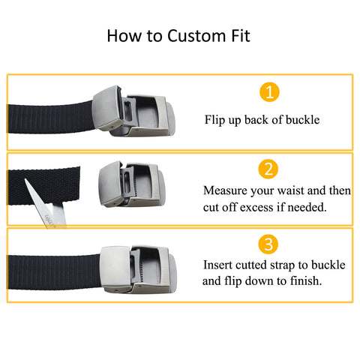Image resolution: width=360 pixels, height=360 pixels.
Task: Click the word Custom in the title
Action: point(196,36)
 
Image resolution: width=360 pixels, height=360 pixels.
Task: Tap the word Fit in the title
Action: point(241,35)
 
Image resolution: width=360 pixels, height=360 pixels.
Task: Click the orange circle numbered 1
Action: point(269,91)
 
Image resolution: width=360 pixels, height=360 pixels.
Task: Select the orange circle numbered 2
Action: point(268,169)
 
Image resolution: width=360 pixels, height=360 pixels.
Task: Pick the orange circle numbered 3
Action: point(268,244)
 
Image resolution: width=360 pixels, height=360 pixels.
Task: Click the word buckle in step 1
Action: point(302,120)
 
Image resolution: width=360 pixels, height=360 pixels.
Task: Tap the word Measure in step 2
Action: point(225,190)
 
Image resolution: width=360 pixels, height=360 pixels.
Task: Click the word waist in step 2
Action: point(291,190)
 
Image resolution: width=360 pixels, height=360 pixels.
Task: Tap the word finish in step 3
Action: point(306,280)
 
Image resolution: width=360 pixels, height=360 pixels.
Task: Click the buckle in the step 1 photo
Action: point(133,111)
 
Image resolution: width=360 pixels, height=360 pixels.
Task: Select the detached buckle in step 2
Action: point(132,184)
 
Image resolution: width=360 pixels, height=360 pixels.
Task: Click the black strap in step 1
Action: point(51,118)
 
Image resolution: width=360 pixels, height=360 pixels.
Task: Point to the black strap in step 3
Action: point(54,271)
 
